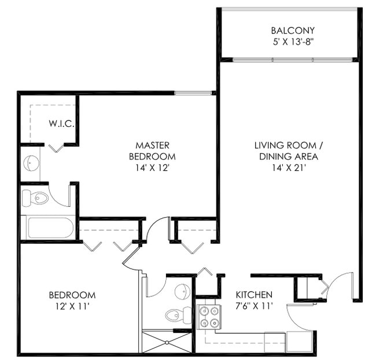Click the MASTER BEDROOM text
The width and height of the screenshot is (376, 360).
pyautogui.click(x=152, y=150)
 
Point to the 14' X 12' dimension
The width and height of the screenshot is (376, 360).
pyautogui.click(x=152, y=168)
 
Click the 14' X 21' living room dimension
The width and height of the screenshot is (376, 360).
pyautogui.click(x=287, y=168)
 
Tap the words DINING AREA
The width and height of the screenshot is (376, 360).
pyautogui.click(x=287, y=156)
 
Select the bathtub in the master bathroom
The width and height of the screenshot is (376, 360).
pyautogui.click(x=50, y=227)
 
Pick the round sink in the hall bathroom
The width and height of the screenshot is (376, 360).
pyautogui.click(x=182, y=292)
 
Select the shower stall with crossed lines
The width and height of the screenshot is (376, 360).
pyautogui.click(x=167, y=342)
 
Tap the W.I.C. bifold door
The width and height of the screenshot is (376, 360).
pyautogui.click(x=56, y=148)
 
